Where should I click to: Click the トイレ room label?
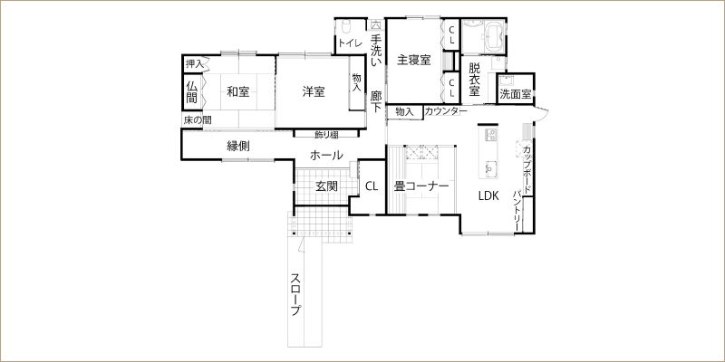(x=350, y=43)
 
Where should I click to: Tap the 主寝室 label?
(x=414, y=60)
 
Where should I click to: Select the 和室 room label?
(x=238, y=92)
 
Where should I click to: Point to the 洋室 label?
(x=314, y=92)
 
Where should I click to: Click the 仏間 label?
(x=192, y=92)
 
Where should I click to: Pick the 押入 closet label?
(x=194, y=64)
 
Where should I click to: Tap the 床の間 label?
(x=198, y=120)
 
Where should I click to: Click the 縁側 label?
(x=238, y=147)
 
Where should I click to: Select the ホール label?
(x=326, y=155)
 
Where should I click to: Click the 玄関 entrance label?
(x=326, y=186)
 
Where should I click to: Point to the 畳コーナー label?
(x=421, y=186)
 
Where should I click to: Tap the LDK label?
(x=488, y=195)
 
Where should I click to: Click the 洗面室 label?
(x=516, y=95)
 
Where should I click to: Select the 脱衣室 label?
(x=474, y=80)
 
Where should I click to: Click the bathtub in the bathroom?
(x=494, y=35)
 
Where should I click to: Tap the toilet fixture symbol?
(x=346, y=25)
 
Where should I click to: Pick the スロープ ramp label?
(x=296, y=295)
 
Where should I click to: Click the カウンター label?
(x=442, y=111)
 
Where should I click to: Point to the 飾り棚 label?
(x=326, y=134)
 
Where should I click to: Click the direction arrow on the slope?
(x=302, y=244)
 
